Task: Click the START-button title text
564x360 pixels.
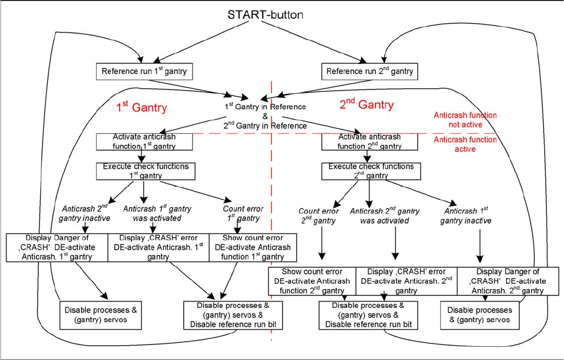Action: pos(265,15)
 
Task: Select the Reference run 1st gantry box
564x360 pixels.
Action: pos(144,71)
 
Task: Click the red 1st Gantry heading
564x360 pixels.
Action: pos(141,108)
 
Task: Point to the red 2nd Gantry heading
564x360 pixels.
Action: pos(366,105)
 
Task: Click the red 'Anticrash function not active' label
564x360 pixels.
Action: pos(465,120)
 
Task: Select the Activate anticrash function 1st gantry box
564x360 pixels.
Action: pos(144,141)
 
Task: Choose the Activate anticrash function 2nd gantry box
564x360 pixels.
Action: pos(369,141)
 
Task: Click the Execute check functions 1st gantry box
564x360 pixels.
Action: pos(144,171)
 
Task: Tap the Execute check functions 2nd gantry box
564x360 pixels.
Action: pos(369,171)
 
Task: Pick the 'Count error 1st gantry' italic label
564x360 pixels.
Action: pos(243,214)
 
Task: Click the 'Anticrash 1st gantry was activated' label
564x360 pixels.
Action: pos(157,214)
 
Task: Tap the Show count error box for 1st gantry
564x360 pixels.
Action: pos(253,247)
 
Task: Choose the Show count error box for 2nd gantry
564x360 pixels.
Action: pos(312,281)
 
